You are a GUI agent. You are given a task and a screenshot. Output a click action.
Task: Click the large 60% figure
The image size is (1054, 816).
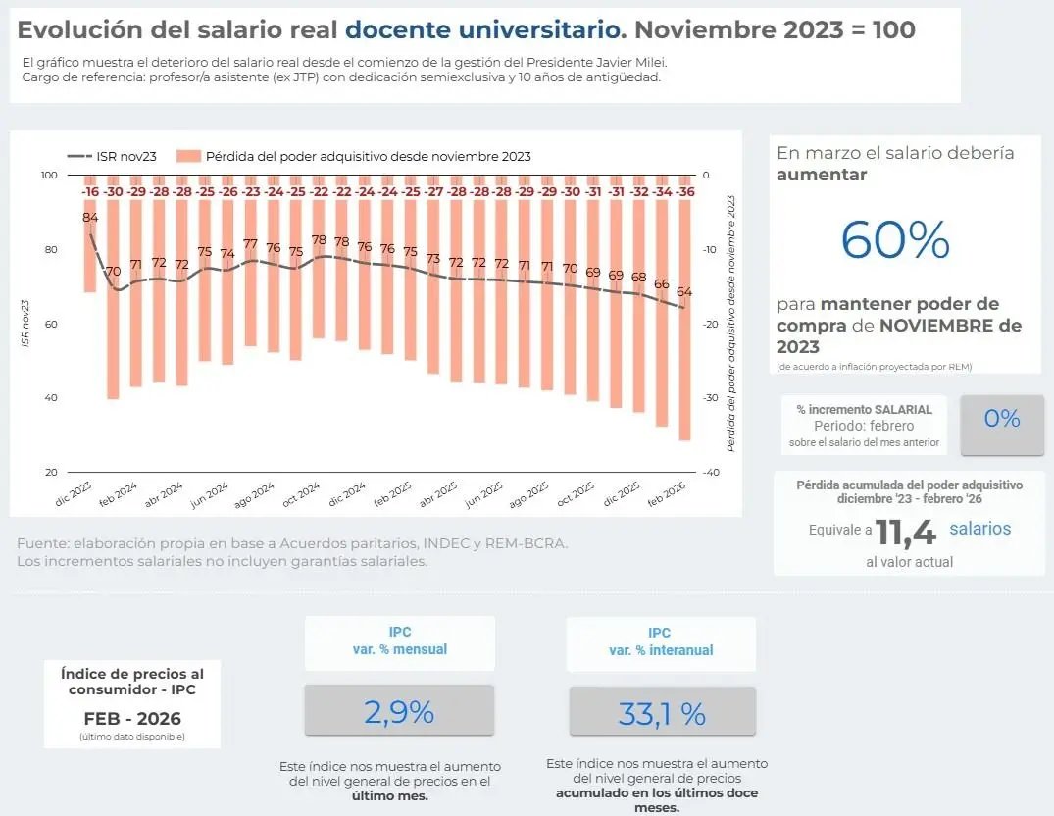[x=895, y=240]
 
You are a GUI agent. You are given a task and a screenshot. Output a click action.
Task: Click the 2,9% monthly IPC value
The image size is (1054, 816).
[x=399, y=712]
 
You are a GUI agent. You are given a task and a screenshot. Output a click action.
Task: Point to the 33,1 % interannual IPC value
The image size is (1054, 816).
[x=662, y=714]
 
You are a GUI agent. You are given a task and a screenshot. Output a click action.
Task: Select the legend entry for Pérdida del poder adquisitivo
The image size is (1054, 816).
[x=354, y=156]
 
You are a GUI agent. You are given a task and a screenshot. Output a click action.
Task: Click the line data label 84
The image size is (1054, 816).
[x=90, y=217]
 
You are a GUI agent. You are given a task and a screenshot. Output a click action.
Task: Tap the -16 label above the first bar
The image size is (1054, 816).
[x=90, y=192]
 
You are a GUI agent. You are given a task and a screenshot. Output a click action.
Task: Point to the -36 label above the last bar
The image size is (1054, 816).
[x=686, y=192]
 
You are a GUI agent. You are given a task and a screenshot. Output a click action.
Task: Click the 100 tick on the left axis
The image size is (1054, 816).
[x=49, y=176]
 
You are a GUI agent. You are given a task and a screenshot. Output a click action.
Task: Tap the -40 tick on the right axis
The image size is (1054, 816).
[x=712, y=473]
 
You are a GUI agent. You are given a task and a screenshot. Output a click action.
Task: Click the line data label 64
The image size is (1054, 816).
[x=684, y=291]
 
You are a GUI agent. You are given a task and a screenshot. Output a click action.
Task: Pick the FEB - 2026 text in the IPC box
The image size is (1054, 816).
[x=131, y=717]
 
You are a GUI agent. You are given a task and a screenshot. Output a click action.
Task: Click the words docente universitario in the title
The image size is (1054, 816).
[x=485, y=29]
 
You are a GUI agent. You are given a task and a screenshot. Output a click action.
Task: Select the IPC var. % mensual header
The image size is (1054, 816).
[x=399, y=641]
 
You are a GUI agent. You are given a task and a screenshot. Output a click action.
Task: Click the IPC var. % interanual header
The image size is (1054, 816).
[x=661, y=641]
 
